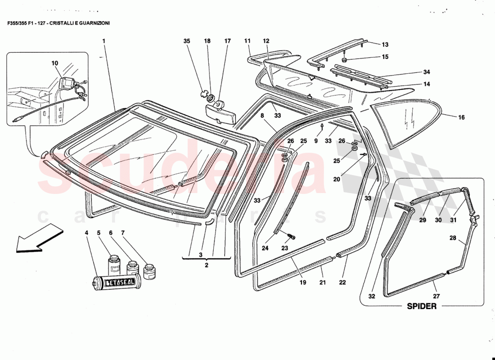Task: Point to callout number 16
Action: pos(461,118)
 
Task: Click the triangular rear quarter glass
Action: pos(403,123)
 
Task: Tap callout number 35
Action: pos(187,41)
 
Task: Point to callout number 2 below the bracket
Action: pos(207,265)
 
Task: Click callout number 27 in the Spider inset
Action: pos(436,296)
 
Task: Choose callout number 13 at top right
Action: pos(385,45)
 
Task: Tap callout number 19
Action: pos(302,283)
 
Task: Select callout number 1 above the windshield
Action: pos(103,41)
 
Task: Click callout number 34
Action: pos(427,72)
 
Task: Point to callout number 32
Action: pos(371,296)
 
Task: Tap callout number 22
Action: pos(343,283)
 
